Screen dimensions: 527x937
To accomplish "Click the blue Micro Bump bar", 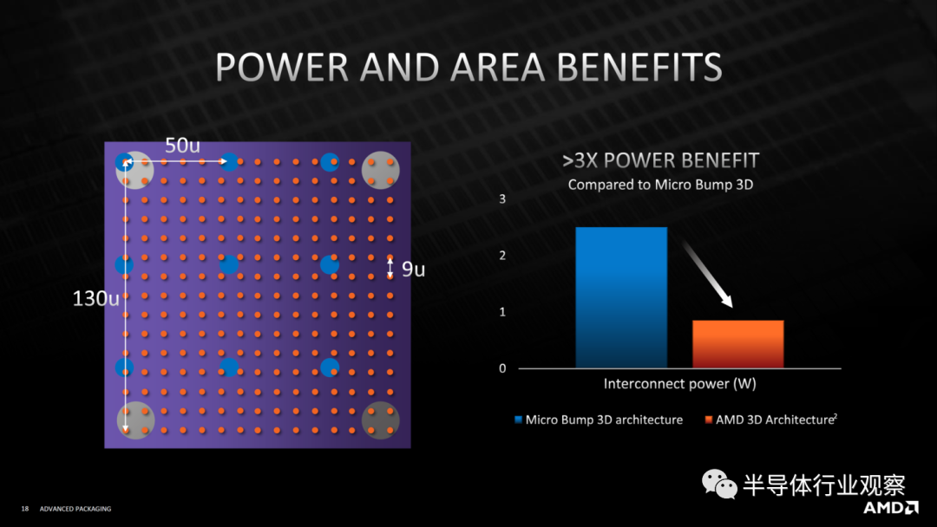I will click(x=621, y=296).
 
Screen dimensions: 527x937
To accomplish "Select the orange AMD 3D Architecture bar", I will click(x=737, y=344).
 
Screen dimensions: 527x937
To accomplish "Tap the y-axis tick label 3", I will click(x=501, y=199).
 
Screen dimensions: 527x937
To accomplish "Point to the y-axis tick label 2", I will click(x=501, y=256).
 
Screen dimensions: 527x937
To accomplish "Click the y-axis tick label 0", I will click(x=501, y=368).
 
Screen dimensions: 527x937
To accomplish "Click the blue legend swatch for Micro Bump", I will click(x=519, y=420).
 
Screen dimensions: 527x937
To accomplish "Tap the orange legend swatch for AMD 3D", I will click(x=709, y=420).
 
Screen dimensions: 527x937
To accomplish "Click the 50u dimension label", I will click(x=182, y=146).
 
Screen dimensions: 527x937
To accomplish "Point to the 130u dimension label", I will click(x=95, y=299).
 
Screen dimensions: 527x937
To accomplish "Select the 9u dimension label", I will click(x=413, y=270).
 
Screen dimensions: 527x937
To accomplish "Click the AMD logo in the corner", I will click(x=890, y=507).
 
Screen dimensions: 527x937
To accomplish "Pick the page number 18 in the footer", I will click(x=25, y=509).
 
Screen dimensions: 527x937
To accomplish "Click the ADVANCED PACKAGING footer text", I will click(x=75, y=509).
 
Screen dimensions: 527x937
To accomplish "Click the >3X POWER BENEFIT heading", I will click(x=660, y=161).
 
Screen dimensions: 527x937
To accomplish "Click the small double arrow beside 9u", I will click(x=390, y=269).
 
